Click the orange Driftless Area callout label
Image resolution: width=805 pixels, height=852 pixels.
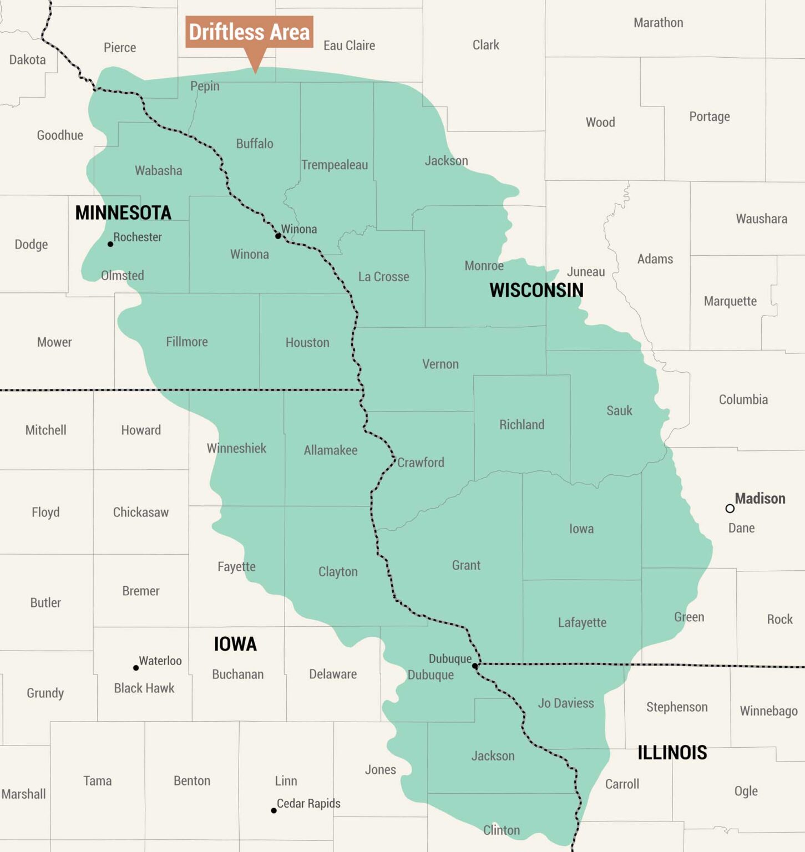249,32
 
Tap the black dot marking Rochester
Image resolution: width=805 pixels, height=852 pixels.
110,244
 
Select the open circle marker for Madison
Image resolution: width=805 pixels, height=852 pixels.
730,508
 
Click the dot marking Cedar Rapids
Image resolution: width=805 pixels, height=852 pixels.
274,810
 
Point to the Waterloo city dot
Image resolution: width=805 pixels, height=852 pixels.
136,668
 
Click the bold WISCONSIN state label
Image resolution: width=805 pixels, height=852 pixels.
536,290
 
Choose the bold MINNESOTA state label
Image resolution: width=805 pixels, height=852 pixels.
123,213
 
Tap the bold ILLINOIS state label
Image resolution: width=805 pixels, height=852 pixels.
672,753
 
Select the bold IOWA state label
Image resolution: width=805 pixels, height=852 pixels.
235,644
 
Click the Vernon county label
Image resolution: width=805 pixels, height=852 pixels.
441,364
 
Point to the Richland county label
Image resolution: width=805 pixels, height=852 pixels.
522,425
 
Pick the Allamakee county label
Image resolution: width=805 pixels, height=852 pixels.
331,450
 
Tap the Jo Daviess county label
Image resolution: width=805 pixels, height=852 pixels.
566,703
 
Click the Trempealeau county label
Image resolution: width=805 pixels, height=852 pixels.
335,165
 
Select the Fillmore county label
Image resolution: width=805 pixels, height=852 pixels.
187,342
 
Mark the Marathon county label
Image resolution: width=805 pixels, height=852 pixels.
659,23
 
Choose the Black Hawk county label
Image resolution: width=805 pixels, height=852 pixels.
144,688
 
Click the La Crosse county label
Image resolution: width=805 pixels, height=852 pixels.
383,277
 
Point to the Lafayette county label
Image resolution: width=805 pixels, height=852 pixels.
582,622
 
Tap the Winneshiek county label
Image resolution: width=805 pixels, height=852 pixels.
236,448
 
